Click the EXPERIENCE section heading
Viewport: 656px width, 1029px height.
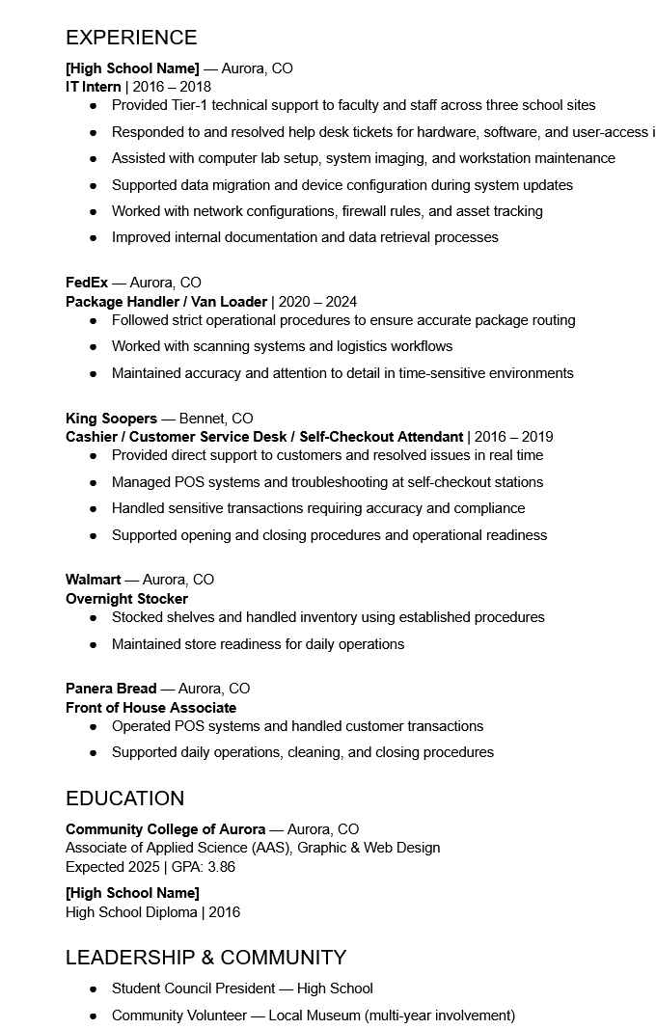click(x=131, y=38)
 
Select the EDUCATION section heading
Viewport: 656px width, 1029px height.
click(x=124, y=799)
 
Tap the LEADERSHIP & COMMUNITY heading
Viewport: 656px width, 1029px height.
click(x=205, y=958)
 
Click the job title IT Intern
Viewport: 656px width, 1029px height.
click(x=94, y=87)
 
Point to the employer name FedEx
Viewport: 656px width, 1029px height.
click(x=87, y=283)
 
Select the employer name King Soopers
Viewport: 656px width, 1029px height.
click(x=111, y=419)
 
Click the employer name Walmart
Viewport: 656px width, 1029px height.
click(x=94, y=580)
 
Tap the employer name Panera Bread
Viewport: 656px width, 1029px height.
click(x=111, y=689)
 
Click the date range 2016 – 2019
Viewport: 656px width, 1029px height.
click(x=514, y=437)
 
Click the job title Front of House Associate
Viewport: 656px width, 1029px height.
click(x=150, y=708)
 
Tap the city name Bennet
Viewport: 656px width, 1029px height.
click(x=201, y=419)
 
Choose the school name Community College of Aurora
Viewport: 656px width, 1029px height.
click(x=165, y=829)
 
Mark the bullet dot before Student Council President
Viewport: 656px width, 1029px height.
click(x=94, y=989)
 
